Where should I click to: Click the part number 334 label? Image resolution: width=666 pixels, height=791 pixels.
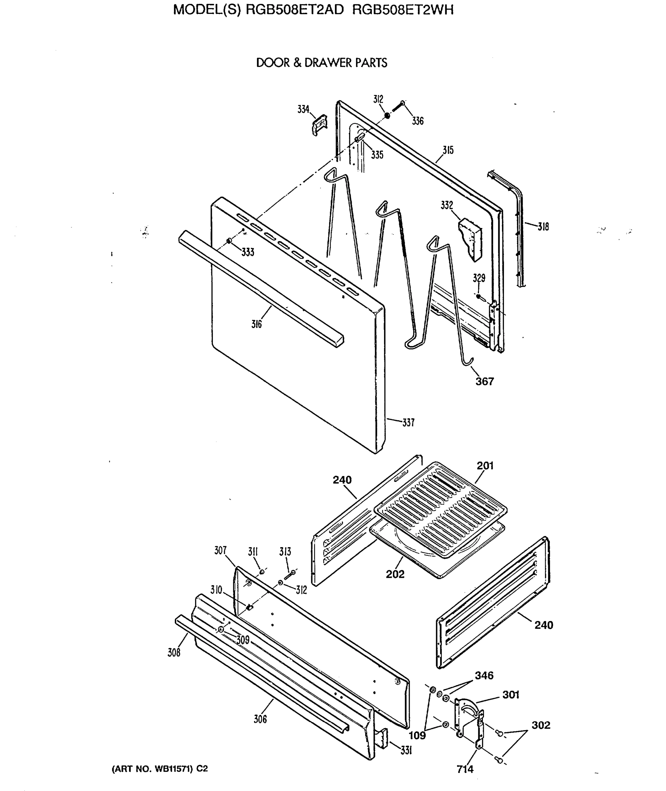(x=303, y=109)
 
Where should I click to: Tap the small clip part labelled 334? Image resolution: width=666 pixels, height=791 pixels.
(x=320, y=124)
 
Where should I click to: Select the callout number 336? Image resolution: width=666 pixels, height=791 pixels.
(x=418, y=121)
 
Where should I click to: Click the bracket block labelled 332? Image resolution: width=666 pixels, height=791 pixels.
(x=470, y=241)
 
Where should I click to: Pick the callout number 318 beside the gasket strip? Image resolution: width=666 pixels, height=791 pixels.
(x=543, y=227)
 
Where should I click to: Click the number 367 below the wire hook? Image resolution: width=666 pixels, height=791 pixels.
(x=485, y=382)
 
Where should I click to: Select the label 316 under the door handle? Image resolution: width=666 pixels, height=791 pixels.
(x=256, y=324)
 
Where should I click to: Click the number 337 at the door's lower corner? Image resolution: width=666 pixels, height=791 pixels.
(x=408, y=423)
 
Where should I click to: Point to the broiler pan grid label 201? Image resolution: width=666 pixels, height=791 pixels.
(x=485, y=466)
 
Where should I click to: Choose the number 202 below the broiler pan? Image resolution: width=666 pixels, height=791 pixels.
(x=395, y=574)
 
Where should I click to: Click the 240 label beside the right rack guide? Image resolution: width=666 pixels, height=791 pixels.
(x=544, y=625)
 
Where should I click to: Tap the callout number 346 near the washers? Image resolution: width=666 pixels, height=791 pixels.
(x=484, y=675)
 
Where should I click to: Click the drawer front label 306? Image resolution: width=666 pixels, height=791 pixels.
(x=260, y=719)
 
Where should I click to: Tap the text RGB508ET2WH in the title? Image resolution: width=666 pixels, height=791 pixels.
(x=403, y=10)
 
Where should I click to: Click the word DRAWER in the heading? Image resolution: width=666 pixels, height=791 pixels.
(x=323, y=63)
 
